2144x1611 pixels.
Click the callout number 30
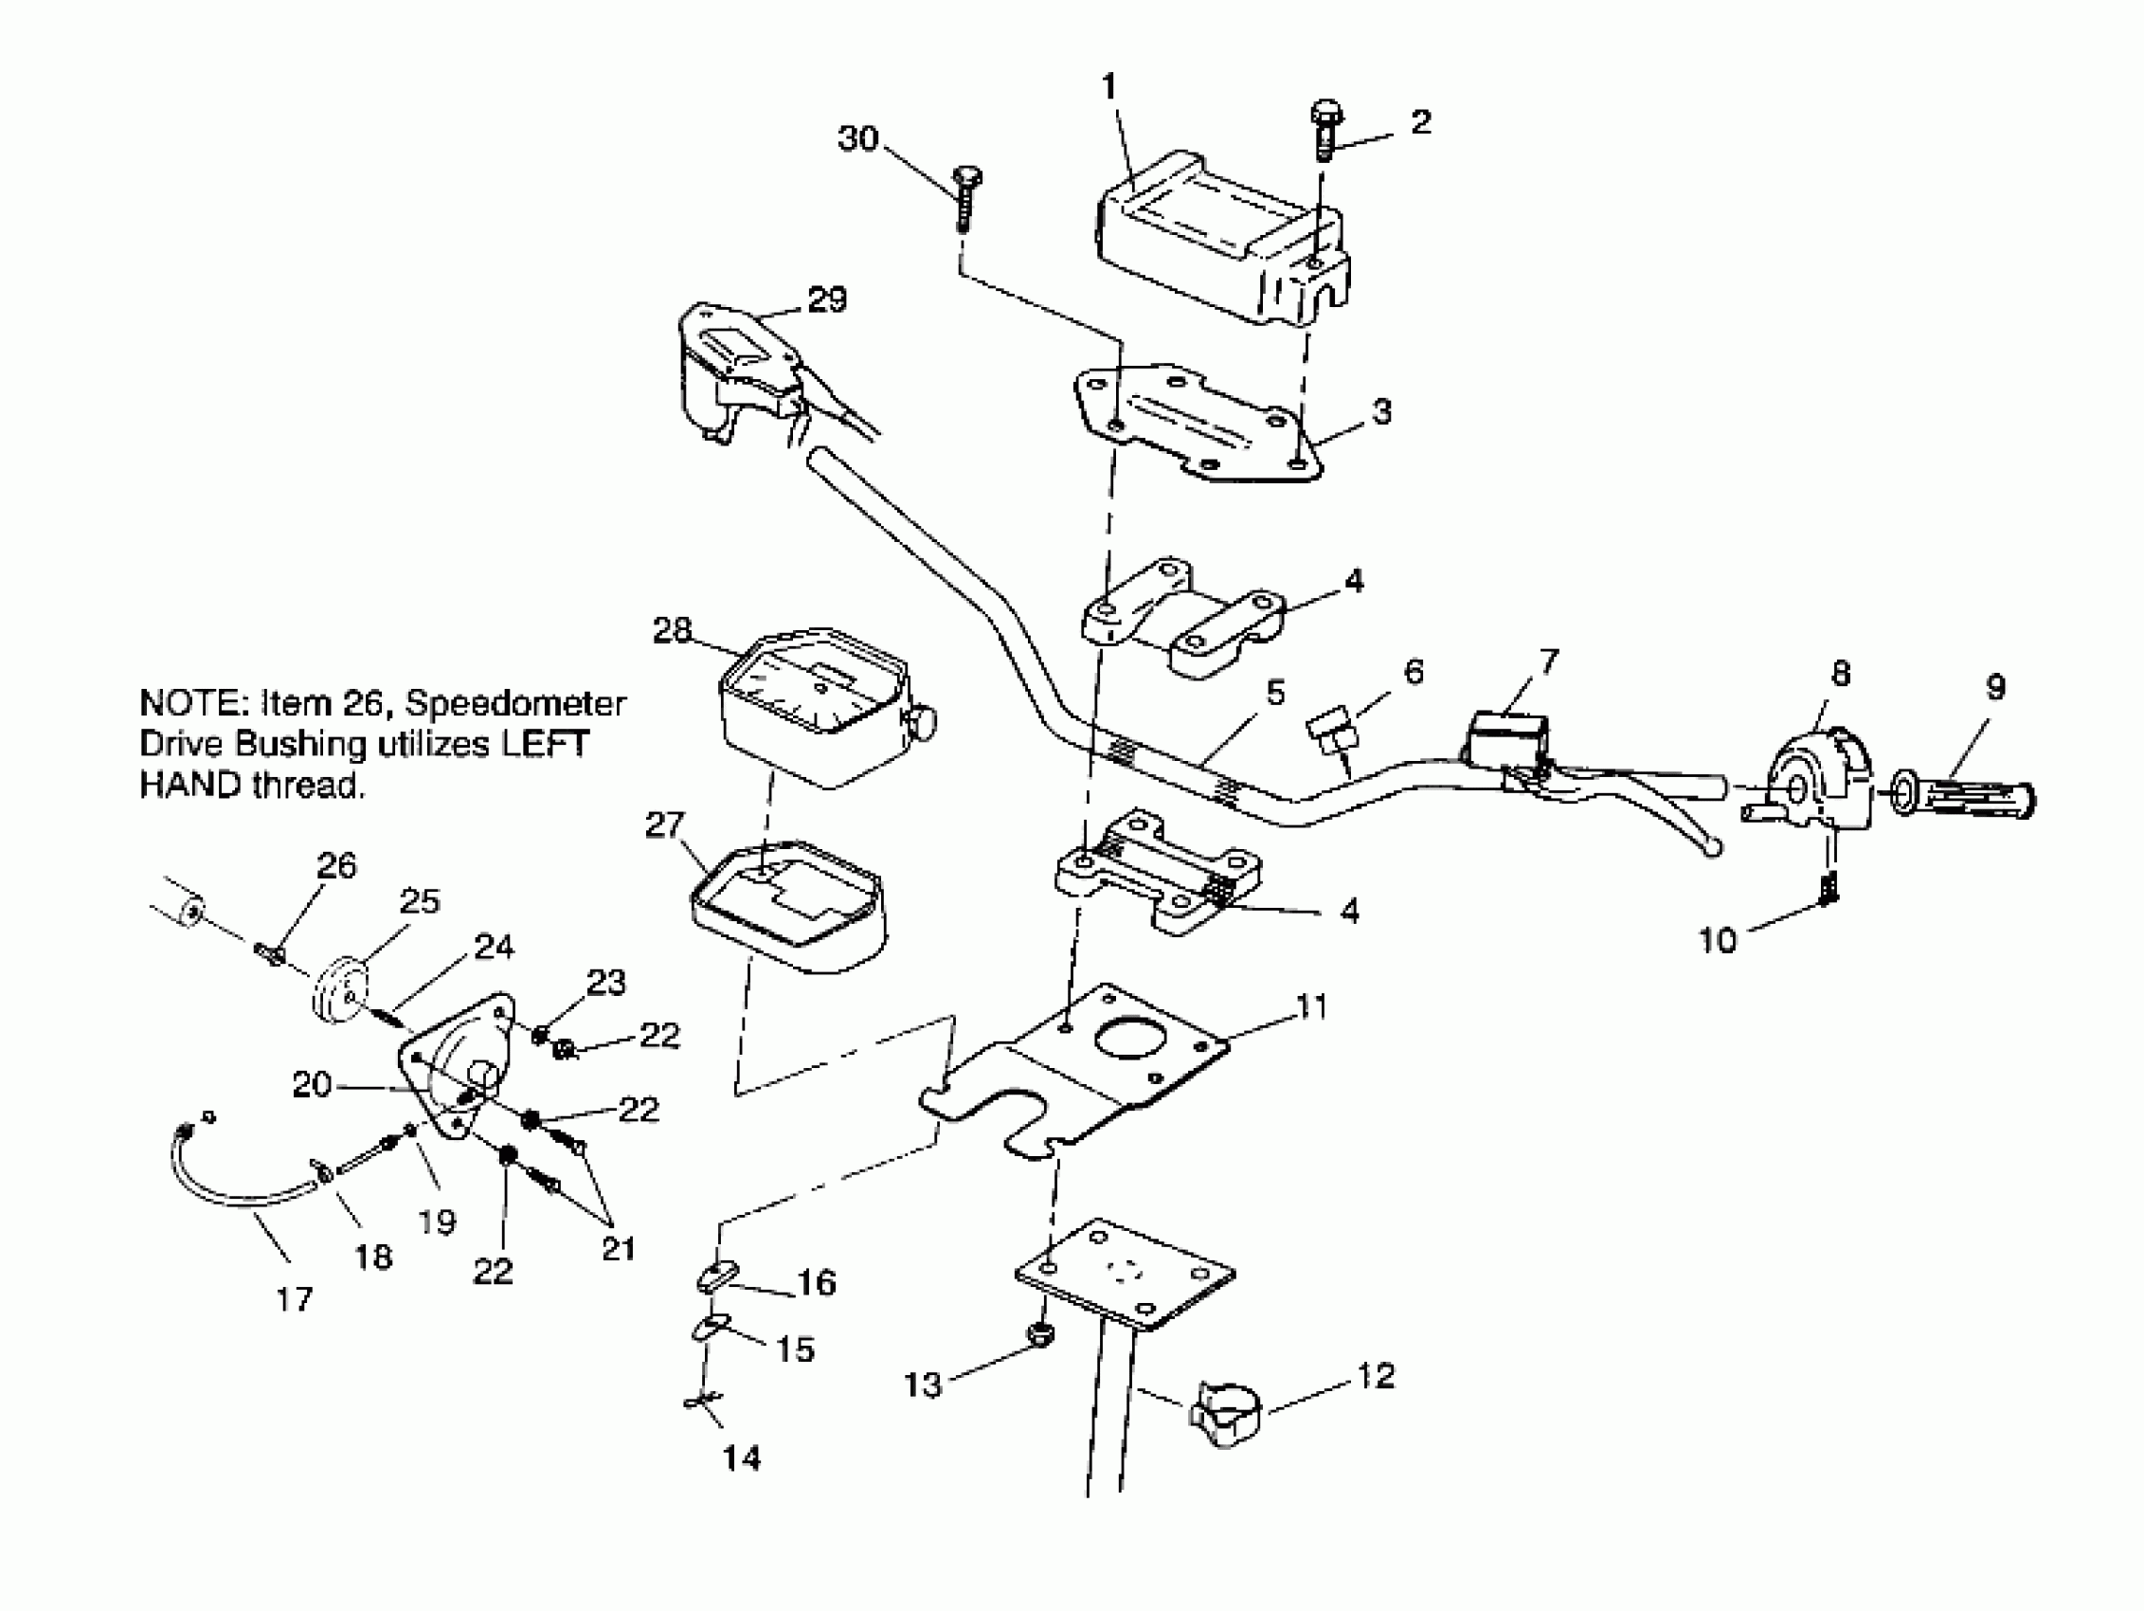coord(857,138)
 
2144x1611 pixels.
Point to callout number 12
coord(1376,1375)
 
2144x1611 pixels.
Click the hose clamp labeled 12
coord(1224,1412)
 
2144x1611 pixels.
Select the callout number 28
coord(672,631)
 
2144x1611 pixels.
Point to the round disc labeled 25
coord(344,987)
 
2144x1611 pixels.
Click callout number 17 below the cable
coord(294,1299)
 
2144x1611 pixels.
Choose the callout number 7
coord(1549,661)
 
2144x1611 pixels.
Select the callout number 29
coord(827,299)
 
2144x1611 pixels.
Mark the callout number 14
coord(742,1457)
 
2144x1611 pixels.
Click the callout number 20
coord(312,1084)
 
